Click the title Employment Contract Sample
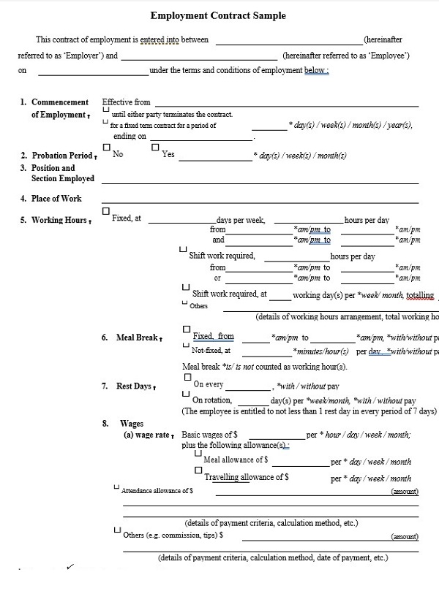tap(218, 15)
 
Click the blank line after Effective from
tap(286, 103)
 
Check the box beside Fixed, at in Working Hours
tap(106, 211)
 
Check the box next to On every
tap(187, 377)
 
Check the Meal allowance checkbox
tap(198, 453)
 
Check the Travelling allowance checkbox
tap(198, 471)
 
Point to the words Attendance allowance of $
tap(157, 492)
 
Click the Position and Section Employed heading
tap(62, 173)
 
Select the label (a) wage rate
tap(149, 435)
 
